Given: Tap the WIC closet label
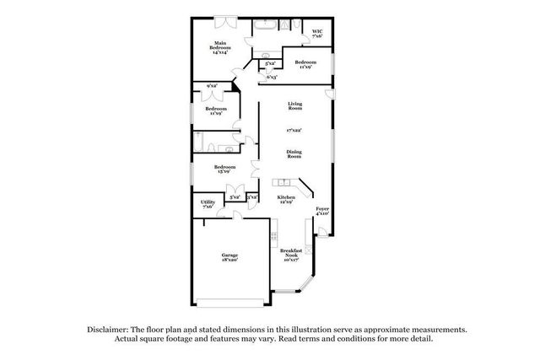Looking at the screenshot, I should click(317, 33).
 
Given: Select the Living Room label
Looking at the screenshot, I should click(294, 106).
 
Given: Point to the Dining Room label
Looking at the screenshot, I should click(294, 153).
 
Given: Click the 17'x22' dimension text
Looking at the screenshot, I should click(294, 130).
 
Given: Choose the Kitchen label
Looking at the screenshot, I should click(286, 200).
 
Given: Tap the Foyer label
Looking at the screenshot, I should click(322, 211).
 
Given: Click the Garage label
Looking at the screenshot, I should click(229, 257).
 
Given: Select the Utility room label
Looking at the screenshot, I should click(208, 205).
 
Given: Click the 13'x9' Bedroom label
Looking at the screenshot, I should click(224, 169).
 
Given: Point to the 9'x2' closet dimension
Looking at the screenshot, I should click(212, 86).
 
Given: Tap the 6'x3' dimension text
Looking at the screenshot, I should click(272, 78).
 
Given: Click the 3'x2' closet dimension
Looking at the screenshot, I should click(251, 196).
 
